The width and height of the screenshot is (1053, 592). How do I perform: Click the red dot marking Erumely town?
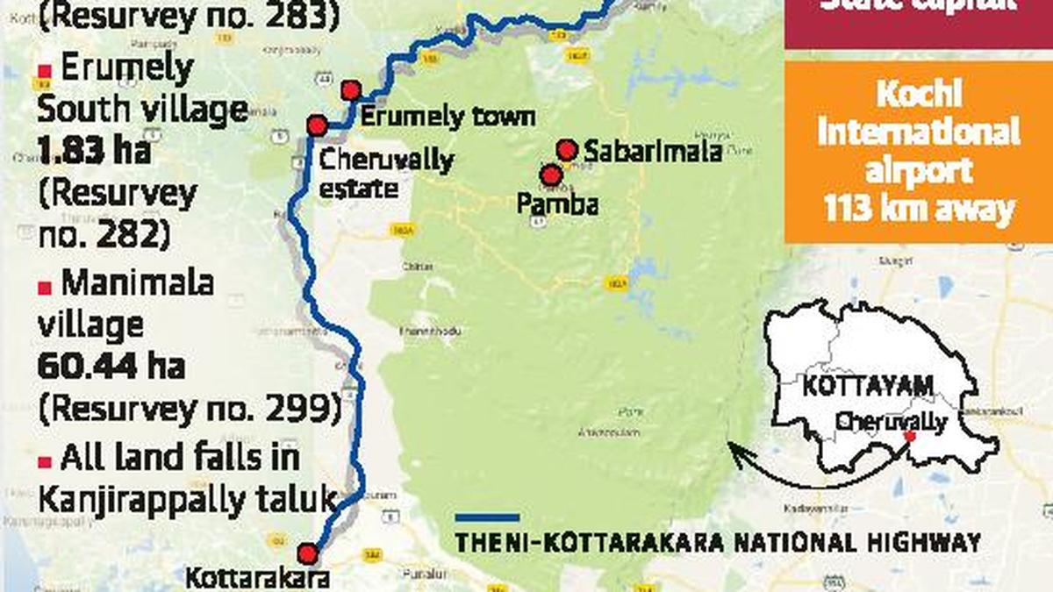click(x=351, y=90)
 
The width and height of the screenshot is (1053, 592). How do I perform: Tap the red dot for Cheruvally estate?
click(x=317, y=126)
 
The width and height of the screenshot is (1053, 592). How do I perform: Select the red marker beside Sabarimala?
click(x=567, y=150)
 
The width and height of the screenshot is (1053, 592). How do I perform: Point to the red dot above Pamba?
click(x=551, y=175)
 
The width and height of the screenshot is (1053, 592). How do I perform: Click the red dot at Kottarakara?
click(x=307, y=553)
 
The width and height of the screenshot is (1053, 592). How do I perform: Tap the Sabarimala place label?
click(x=653, y=152)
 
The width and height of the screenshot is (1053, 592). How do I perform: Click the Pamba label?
click(x=557, y=204)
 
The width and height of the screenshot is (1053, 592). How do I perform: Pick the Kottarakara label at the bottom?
click(x=257, y=578)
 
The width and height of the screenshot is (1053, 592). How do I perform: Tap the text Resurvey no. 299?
click(x=189, y=407)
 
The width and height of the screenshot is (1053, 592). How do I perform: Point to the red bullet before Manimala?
click(x=44, y=287)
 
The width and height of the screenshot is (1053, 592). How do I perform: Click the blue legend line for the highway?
click(x=486, y=518)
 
